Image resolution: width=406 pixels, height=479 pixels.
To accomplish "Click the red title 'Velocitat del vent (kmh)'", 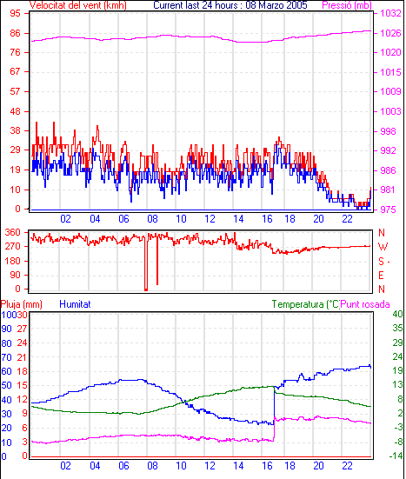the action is [78, 5].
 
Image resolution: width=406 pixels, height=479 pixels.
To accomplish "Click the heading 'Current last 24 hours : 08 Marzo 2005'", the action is [230, 5].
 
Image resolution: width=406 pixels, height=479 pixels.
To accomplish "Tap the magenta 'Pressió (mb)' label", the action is [347, 5].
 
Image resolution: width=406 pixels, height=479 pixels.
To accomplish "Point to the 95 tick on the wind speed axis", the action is [15, 13].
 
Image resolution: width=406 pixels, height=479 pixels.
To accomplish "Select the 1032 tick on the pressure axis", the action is [390, 13].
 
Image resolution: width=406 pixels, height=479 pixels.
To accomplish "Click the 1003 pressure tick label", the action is [390, 111].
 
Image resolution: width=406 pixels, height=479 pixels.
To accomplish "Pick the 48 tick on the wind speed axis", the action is [15, 111].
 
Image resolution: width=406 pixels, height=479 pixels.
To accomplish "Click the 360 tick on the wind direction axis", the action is [13, 232].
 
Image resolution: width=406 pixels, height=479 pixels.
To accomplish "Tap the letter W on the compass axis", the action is [383, 247].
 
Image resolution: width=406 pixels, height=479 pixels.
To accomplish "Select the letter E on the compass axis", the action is [381, 276].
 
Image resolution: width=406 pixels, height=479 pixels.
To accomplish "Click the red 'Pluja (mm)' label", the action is [22, 304].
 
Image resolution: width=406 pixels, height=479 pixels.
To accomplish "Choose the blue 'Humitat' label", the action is [75, 304].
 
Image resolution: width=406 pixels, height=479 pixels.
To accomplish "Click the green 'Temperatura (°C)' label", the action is [306, 304].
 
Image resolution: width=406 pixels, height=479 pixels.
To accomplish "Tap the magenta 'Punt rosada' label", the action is [365, 304].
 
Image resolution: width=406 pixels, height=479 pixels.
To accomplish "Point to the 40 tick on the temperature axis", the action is [397, 314].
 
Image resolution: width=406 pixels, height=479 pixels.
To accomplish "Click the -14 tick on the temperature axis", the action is [396, 456].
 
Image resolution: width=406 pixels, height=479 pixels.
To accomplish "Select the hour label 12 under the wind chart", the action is [210, 219].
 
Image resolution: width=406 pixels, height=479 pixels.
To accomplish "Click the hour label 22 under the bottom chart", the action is [347, 466].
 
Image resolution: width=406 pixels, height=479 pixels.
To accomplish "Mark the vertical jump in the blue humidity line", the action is [274, 405].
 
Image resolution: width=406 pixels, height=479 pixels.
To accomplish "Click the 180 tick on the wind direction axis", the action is [13, 261].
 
